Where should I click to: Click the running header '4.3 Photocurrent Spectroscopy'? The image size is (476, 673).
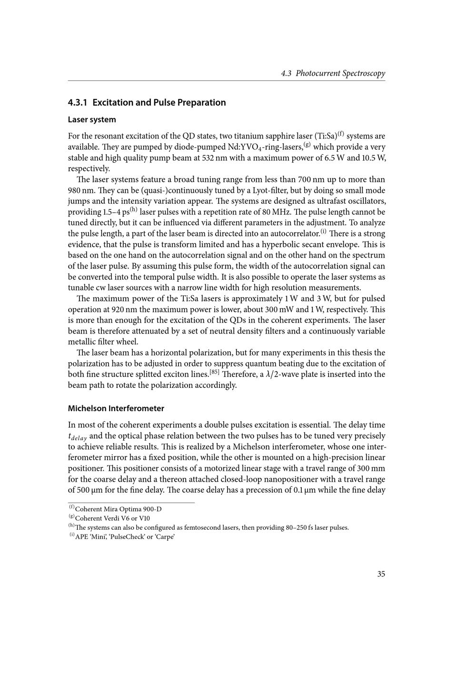[333, 73]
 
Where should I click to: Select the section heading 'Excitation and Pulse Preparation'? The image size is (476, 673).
[159, 102]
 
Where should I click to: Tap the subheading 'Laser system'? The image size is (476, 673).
[92, 119]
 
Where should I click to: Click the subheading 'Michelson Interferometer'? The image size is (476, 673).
[116, 408]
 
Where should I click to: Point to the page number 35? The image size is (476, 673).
[381, 574]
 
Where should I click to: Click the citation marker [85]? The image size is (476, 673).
[214, 372]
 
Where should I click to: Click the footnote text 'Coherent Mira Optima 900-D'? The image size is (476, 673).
[119, 509]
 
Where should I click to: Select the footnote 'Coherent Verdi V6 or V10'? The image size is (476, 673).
[112, 518]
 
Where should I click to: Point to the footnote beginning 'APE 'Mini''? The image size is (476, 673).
[125, 537]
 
